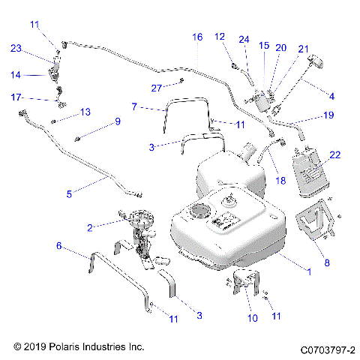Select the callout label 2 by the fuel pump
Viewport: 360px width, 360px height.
click(90, 226)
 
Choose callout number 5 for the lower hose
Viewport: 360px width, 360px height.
click(70, 193)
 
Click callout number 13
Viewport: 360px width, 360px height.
click(85, 112)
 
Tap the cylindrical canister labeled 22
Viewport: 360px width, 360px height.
click(310, 174)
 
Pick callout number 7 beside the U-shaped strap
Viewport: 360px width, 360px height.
click(134, 107)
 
